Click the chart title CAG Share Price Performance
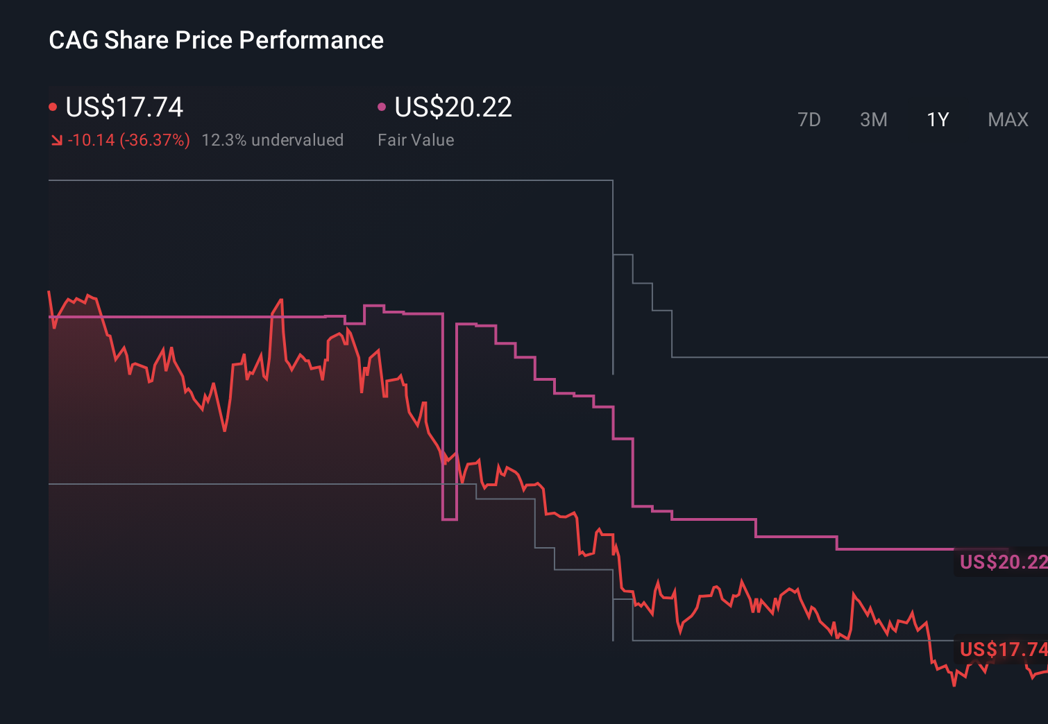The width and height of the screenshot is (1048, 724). point(216,40)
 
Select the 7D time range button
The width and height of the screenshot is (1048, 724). point(809,120)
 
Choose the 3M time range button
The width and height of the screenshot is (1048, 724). point(873,120)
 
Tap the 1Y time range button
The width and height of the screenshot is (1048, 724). point(938,120)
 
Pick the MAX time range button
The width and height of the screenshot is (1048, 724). point(1008,120)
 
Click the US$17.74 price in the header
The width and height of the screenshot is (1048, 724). point(124,107)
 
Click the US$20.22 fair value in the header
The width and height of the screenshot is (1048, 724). point(453,107)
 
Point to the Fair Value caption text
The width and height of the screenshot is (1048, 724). point(416,140)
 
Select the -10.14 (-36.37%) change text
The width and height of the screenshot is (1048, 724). point(128,140)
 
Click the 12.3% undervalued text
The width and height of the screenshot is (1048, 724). point(272,140)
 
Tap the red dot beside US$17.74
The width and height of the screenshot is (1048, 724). point(53,107)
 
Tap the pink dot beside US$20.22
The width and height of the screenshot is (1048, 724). point(381,107)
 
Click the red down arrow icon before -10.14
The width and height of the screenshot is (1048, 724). point(57,141)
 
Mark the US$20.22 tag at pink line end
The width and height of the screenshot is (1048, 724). point(1002,562)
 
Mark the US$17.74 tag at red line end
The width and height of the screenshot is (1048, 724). point(1002,650)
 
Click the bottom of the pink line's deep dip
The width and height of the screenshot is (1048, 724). point(450,519)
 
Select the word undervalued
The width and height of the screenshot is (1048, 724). point(297,140)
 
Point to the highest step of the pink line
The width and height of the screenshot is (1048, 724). point(374,306)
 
